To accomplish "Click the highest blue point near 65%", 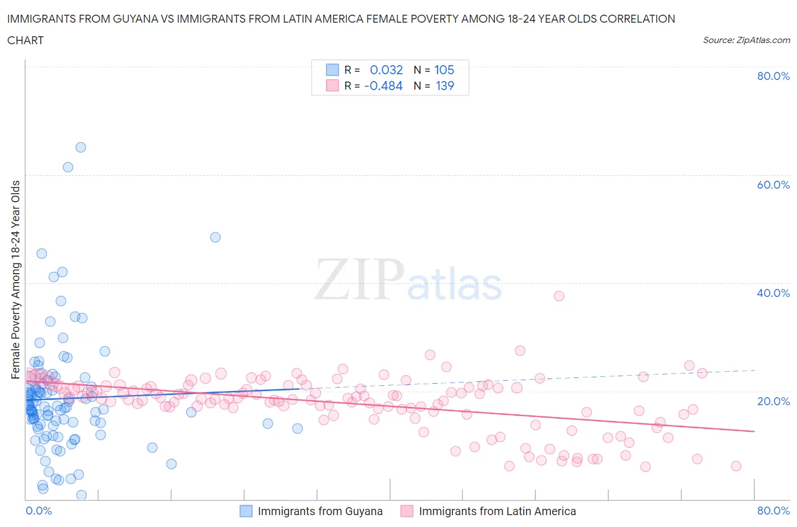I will coord(80,147).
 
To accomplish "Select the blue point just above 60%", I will coord(68,167).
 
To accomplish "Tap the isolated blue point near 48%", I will coord(215,237).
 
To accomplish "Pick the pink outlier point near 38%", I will coord(559,296).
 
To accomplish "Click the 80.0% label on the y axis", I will coord(773,76).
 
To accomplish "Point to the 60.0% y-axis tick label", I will coord(773,185).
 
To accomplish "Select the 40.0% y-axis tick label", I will coord(773,293).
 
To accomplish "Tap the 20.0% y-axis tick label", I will coord(773,401).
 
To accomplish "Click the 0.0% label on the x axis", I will coord(39,511).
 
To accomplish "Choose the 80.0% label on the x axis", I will coord(773,511).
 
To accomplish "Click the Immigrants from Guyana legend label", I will coord(320,511).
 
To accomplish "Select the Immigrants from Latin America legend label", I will coord(497,511).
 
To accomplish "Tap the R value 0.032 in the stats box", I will coord(386,70).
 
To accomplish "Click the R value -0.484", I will coord(383,86).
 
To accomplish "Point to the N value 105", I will coord(444,70).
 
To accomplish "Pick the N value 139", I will coord(444,86).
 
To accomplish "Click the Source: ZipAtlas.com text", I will coord(746,40).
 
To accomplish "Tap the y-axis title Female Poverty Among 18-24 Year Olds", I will coord(16,279).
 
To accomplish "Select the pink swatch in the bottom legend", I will coord(407,511).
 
